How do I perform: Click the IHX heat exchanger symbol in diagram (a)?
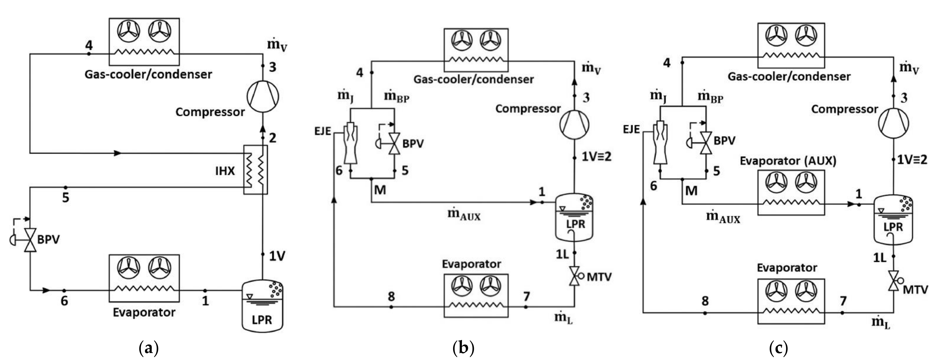click(x=256, y=169)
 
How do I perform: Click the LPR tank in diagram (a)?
click(x=262, y=306)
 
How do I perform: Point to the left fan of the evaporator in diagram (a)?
click(x=128, y=267)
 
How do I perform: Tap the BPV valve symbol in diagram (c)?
click(x=705, y=143)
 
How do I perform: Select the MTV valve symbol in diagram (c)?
click(x=894, y=281)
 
